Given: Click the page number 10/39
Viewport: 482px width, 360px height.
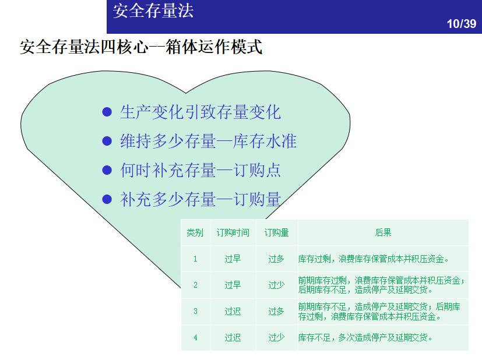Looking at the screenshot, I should [x=461, y=24].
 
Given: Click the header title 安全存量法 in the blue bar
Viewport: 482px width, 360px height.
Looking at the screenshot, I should [x=153, y=11].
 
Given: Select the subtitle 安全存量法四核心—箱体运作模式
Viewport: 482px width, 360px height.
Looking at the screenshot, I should [x=141, y=47].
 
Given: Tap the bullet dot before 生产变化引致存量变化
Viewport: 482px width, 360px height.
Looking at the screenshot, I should [x=107, y=112].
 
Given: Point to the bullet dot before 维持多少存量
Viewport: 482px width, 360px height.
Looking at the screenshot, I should [x=107, y=141].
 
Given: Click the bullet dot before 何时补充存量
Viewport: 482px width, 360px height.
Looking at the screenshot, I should [x=107, y=170].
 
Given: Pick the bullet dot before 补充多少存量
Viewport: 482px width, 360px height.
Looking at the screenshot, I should [x=107, y=199].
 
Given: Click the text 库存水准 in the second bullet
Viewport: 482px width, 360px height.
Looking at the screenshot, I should [x=265, y=141].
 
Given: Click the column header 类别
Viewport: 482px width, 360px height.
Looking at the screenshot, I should [x=195, y=232].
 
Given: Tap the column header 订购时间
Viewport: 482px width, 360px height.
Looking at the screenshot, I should [x=233, y=232].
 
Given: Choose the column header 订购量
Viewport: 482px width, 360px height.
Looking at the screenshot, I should [x=276, y=232].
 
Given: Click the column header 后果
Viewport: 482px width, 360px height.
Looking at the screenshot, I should [x=383, y=232].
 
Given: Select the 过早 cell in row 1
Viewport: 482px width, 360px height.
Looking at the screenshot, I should [x=233, y=259].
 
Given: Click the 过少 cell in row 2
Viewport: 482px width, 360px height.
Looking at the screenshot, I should [x=276, y=285].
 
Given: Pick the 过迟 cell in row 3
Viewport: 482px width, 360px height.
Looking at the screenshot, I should [x=233, y=311].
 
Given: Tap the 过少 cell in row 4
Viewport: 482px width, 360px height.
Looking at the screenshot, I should [x=276, y=337].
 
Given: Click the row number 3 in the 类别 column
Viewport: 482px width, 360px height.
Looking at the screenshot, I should [x=195, y=311].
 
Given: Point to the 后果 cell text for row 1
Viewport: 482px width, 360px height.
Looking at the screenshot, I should [x=374, y=259].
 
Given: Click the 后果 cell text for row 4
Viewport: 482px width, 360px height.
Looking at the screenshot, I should [x=365, y=337].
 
